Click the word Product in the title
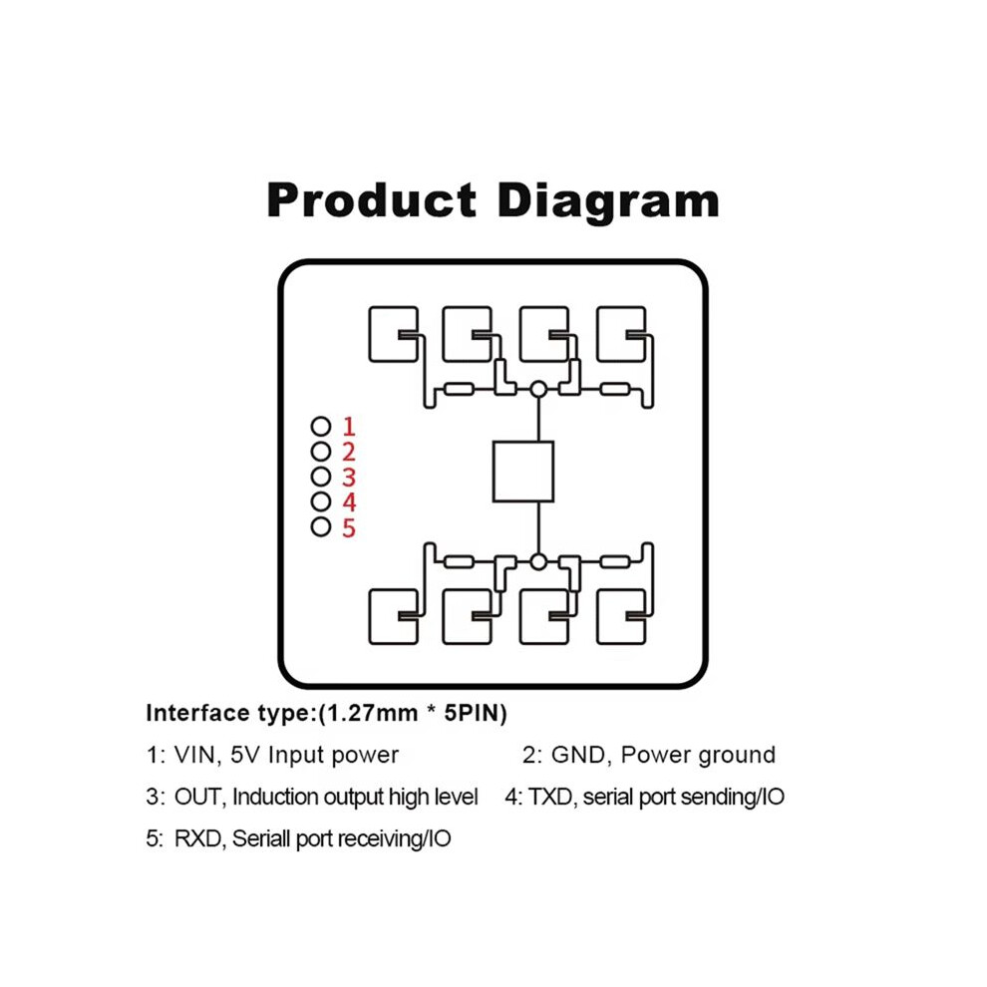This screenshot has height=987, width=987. [x=372, y=200]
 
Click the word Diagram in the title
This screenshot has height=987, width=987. [x=608, y=202]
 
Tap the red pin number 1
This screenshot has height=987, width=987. [x=349, y=427]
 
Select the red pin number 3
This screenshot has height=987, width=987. [x=349, y=478]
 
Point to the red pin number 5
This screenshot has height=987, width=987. [x=349, y=527]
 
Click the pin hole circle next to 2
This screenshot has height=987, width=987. [x=321, y=452]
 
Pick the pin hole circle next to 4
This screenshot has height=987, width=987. [x=321, y=501]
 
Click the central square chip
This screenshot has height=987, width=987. [x=523, y=472]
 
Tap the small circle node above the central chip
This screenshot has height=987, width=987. [x=538, y=389]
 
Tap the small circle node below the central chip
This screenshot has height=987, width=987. [x=538, y=561]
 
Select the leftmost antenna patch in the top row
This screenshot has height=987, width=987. [x=394, y=334]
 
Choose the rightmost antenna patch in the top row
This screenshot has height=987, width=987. [x=621, y=334]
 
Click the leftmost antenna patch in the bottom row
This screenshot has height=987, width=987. [x=394, y=617]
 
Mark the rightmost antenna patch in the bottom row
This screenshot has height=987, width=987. [x=621, y=617]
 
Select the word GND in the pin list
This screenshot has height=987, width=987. [x=579, y=755]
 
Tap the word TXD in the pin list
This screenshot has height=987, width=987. [x=550, y=797]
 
